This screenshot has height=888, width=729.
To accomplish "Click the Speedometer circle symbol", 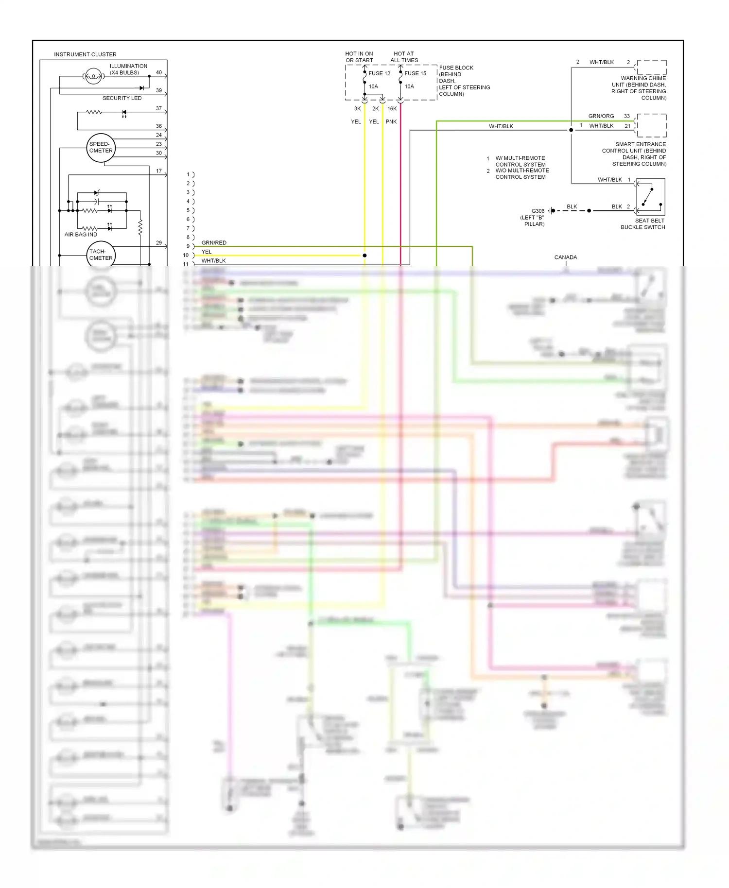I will point(101,148).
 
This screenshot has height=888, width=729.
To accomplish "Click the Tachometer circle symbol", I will point(101,255).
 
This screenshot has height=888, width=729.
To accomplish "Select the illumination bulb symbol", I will point(93,76).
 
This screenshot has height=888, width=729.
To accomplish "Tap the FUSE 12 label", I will point(379,73).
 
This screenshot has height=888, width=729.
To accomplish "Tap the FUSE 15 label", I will point(415,73).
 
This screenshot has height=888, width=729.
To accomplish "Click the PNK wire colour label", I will point(391,121).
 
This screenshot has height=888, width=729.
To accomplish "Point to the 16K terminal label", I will point(392,109).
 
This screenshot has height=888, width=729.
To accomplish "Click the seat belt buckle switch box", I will point(650,197).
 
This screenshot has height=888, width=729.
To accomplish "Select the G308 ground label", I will point(538,211).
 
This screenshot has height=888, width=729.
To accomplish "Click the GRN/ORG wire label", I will point(601,116).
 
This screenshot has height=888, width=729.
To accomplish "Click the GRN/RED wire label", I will point(214,242).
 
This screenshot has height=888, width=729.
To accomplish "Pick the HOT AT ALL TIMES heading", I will point(404,57).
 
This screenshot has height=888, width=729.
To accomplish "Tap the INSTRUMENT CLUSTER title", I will point(85,54).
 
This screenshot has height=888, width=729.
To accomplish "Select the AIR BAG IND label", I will point(81,234).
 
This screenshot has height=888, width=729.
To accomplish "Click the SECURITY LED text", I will point(122,98).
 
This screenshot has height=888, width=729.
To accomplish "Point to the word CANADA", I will point(566,257).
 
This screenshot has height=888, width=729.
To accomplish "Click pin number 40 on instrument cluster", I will point(159,72).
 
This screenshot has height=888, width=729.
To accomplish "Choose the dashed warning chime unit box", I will point(651,67).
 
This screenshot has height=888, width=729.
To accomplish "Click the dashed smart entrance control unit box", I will point(651,125).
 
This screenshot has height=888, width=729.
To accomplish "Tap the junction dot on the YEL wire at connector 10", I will point(364,255).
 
